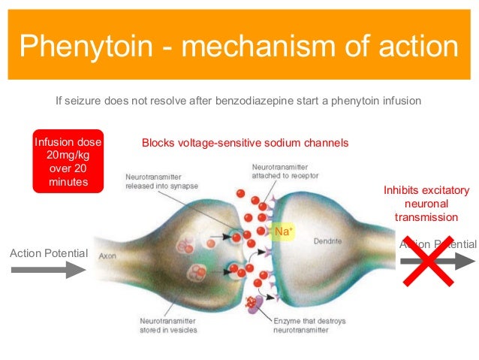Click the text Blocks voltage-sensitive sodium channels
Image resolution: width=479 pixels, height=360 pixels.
tap(245, 143)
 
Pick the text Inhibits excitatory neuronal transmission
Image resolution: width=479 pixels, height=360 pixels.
tap(426, 203)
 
